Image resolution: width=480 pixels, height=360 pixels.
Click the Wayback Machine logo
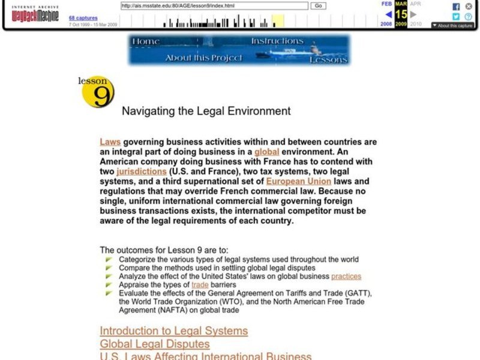[x=35, y=14]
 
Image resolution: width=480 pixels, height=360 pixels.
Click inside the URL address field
[x=214, y=5]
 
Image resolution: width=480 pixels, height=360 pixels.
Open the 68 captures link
[x=83, y=18]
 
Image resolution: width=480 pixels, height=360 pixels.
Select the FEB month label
[x=387, y=4]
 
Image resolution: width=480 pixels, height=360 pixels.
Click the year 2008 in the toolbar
[x=386, y=24]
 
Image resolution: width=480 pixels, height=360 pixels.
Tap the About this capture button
[x=452, y=26]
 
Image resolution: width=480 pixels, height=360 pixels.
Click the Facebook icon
[x=456, y=6]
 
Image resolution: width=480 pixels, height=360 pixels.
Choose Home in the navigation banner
[x=146, y=41]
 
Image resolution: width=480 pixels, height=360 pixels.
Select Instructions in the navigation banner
[x=277, y=41]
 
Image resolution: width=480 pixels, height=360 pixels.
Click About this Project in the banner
[x=204, y=58]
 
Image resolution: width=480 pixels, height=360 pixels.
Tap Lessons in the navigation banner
[x=328, y=59]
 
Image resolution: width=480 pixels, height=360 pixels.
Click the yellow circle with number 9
[x=98, y=93]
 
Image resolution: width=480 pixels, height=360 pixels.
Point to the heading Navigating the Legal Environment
[x=206, y=111]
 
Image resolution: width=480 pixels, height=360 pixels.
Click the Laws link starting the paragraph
[x=110, y=142]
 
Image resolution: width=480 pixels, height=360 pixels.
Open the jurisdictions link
[x=142, y=171]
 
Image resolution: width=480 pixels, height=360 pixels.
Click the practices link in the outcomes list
[x=346, y=277]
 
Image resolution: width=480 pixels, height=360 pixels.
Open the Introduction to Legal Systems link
[x=173, y=331]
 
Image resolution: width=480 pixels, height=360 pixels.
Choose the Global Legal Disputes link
[x=154, y=344]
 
